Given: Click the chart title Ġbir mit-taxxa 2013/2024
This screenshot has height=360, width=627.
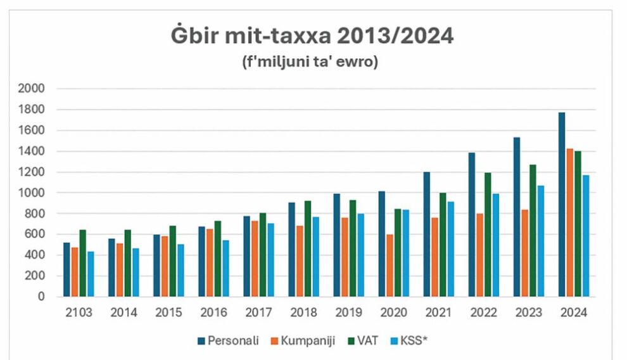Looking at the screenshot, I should [312, 36].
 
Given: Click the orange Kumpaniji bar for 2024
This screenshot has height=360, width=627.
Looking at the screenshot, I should [570, 222].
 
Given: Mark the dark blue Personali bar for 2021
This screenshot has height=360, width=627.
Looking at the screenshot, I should [427, 234].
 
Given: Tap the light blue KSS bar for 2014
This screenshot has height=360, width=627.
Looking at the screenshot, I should [136, 272].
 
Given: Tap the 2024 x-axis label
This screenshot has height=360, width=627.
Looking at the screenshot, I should [574, 313].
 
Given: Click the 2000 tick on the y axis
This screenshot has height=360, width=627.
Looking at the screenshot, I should [32, 89].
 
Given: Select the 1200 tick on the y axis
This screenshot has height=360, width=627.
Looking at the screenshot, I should [32, 172].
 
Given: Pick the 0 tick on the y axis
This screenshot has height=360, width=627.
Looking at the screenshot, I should [41, 297].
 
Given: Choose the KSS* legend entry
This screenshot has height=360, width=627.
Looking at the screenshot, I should [415, 341].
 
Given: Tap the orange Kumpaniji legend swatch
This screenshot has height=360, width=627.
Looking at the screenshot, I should [275, 341].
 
